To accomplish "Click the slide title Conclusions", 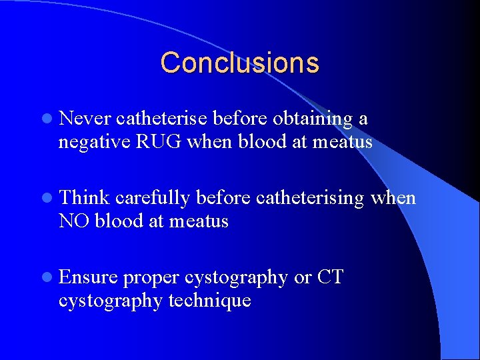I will [x=239, y=63].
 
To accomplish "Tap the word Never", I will [x=85, y=119].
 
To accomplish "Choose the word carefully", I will [x=153, y=198].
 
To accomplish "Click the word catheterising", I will [x=310, y=198].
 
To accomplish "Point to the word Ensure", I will [x=88, y=277].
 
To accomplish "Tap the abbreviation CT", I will [x=330, y=277].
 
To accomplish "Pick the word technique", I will [x=210, y=301].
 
